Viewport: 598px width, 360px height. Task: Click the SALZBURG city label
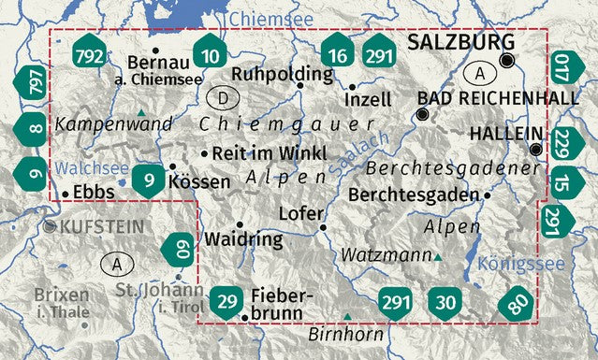coord(460,43)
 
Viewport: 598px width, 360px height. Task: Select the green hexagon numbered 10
coord(211,57)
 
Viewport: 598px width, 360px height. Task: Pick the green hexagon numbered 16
coord(338,57)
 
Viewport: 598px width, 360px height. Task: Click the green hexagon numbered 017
coord(561,70)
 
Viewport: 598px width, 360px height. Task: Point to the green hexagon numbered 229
coord(561,142)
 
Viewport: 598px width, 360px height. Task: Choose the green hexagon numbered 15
coord(561,181)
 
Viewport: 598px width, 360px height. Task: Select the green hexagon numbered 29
coord(226,301)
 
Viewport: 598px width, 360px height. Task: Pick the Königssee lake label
coord(520,265)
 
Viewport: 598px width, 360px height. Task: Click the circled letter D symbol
coord(222,97)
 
